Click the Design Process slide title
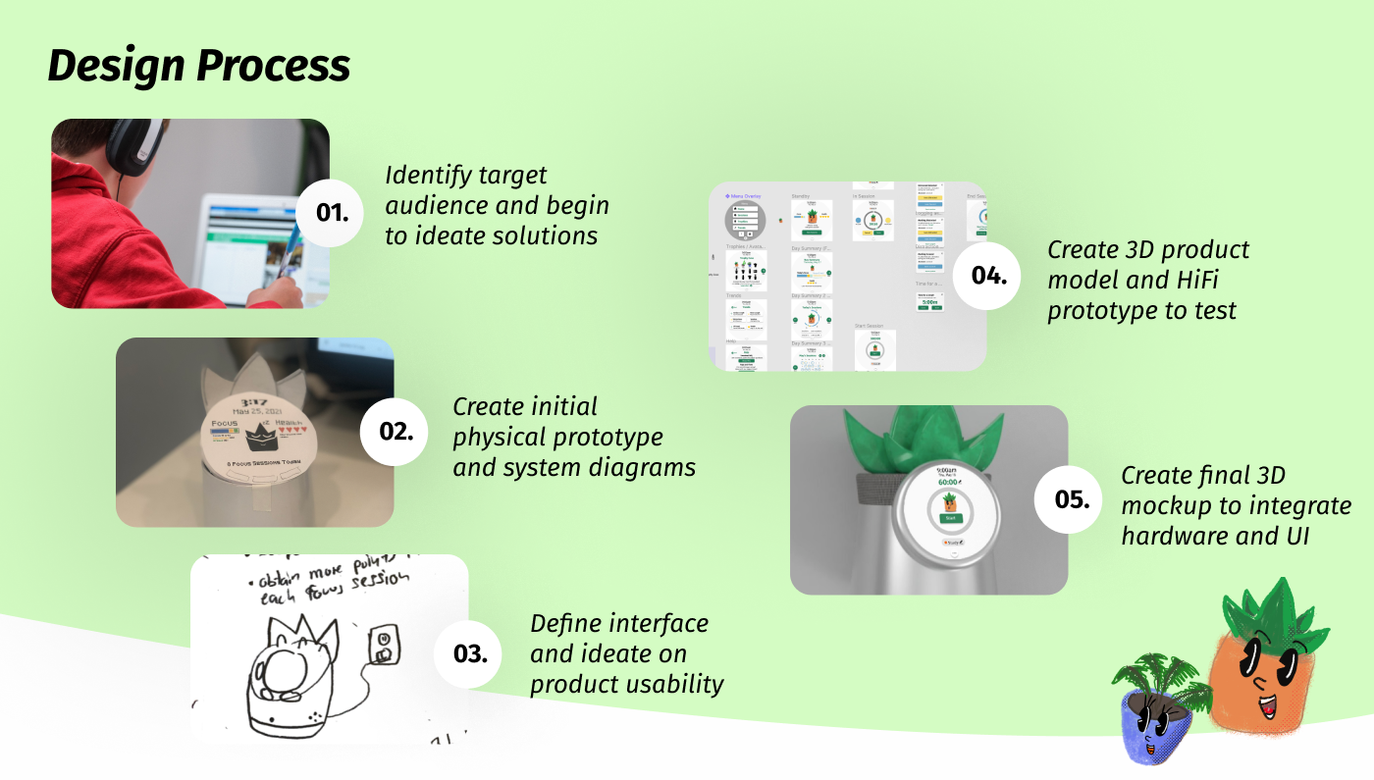point(198,67)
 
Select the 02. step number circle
point(395,431)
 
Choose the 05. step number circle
point(1069,499)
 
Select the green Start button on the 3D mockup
point(949,518)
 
